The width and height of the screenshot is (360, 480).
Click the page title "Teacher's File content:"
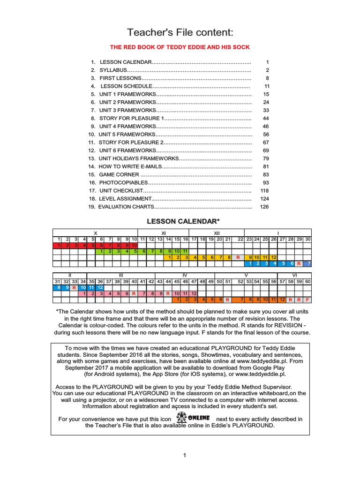click(180, 32)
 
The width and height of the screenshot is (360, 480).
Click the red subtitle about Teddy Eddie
click(180, 47)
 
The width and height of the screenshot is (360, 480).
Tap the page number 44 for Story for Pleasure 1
click(266, 119)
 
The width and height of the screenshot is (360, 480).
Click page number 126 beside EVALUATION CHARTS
click(264, 207)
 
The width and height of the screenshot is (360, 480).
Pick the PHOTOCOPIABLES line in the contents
click(123, 182)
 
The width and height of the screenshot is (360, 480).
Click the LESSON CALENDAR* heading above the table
click(180, 221)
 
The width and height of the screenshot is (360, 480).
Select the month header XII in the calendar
click(217, 233)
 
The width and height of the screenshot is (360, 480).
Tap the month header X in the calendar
click(96, 233)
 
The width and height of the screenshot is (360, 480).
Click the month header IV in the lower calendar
click(185, 275)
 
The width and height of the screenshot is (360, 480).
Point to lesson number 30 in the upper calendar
click(308, 239)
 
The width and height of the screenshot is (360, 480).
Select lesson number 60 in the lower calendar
click(308, 281)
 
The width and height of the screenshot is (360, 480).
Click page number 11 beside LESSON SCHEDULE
click(267, 86)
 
